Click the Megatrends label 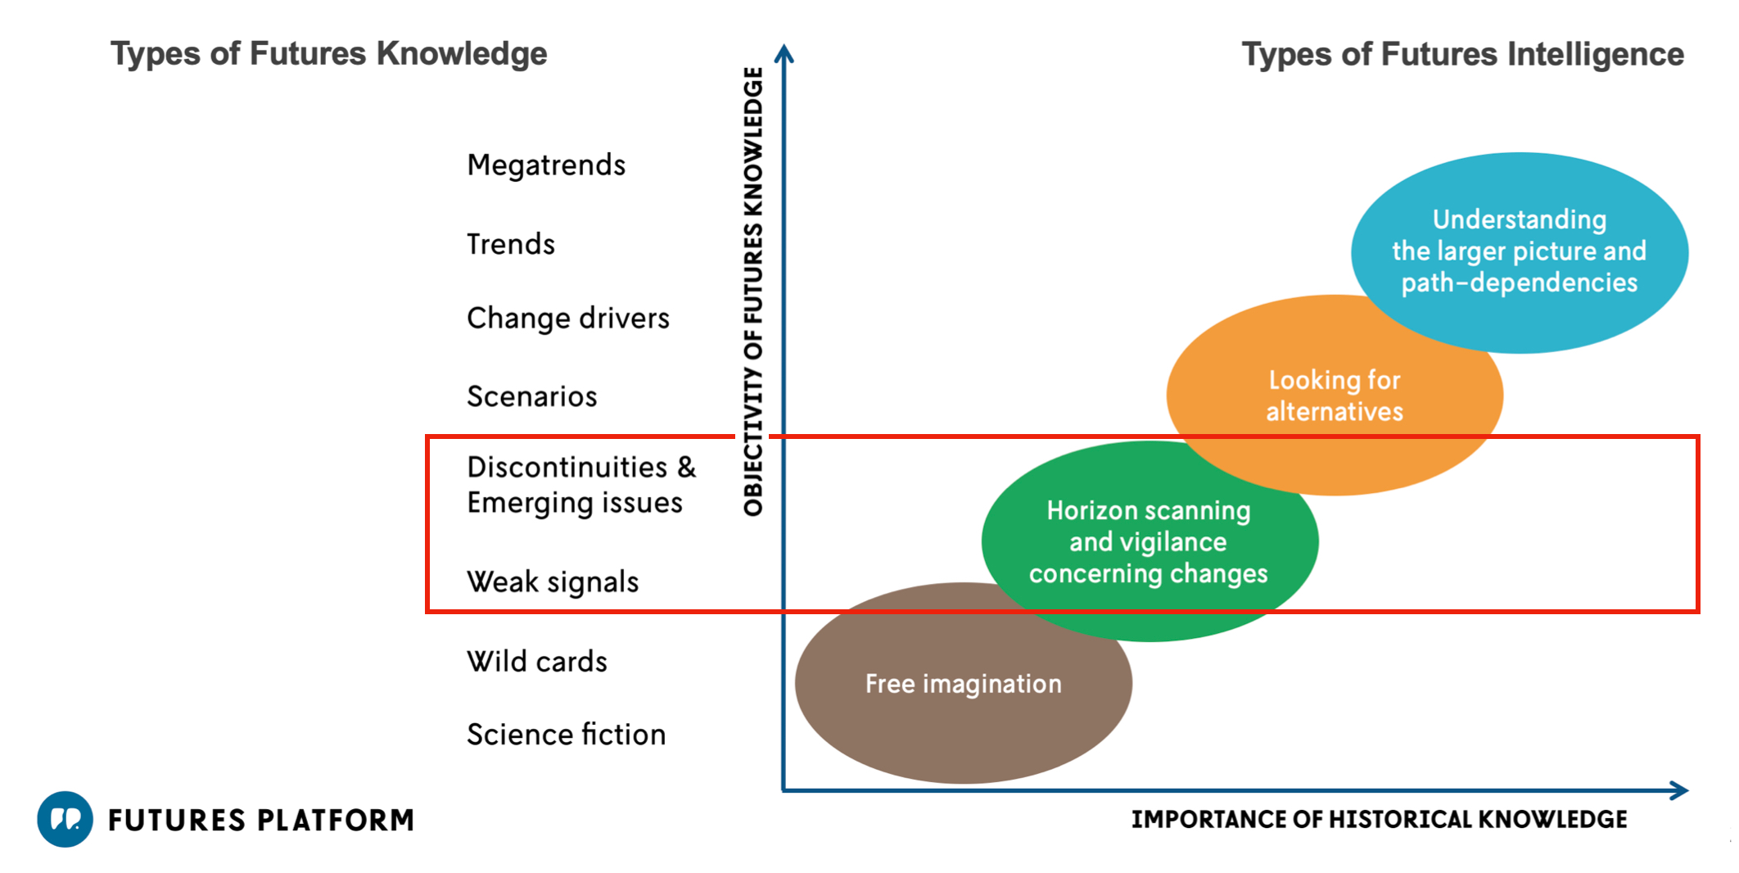[546, 165]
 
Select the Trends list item [511, 244]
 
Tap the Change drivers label [568, 318]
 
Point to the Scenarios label [532, 396]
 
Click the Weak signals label [553, 581]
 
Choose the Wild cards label [537, 661]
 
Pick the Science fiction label [567, 735]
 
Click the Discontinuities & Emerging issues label [581, 485]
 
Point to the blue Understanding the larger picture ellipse [1520, 252]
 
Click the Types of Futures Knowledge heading [329, 54]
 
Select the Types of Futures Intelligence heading [1463, 54]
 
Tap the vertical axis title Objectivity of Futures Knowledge [753, 292]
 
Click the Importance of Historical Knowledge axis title [1380, 819]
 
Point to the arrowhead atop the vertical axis [784, 52]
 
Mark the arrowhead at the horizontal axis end [1680, 790]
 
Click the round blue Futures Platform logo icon [65, 819]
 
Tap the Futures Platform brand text [261, 820]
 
